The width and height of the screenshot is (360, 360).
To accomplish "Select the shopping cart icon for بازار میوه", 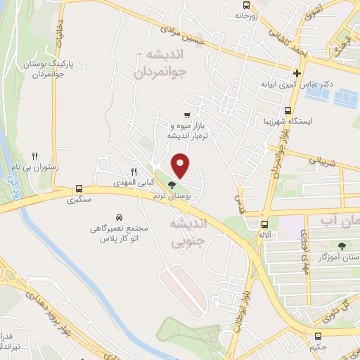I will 186,115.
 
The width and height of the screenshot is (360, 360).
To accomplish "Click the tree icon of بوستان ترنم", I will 172,186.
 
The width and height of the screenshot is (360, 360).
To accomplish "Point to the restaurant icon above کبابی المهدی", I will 134,171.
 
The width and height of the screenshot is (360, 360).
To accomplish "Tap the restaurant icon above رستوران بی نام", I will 36,155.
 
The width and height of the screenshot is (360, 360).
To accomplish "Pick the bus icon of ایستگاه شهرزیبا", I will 288,110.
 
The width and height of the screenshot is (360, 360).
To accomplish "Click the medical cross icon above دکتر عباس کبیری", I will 298,73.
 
